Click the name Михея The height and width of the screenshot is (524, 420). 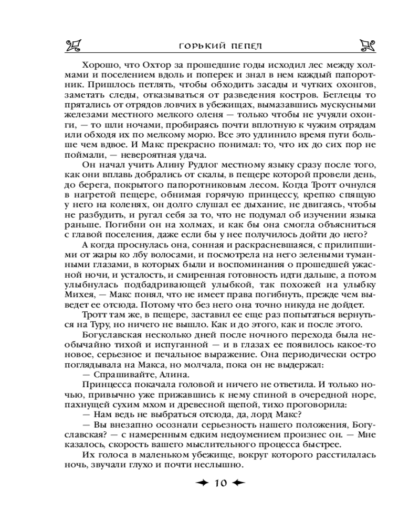click(98, 294)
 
